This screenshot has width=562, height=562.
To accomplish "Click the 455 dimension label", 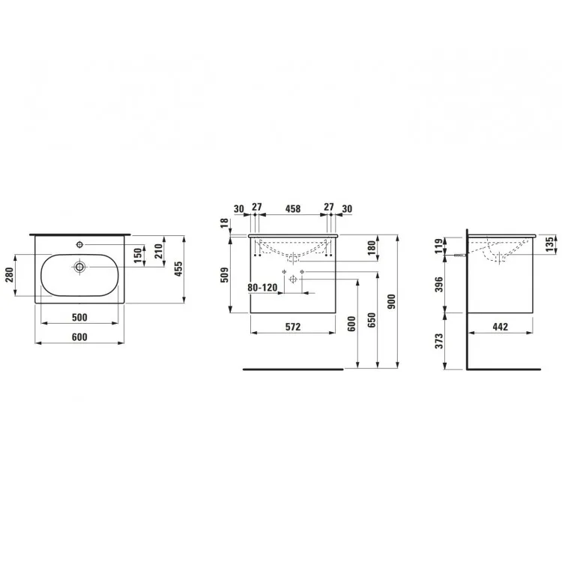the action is click(x=178, y=269).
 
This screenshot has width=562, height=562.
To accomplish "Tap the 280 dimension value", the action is click(x=10, y=275).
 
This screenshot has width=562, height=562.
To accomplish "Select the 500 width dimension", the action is click(x=79, y=317).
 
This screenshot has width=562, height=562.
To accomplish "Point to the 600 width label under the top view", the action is click(x=79, y=337).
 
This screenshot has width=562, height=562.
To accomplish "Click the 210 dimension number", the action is click(x=159, y=251).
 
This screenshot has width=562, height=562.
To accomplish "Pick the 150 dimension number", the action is click(x=139, y=256).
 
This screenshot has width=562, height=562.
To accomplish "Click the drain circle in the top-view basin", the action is click(x=79, y=267).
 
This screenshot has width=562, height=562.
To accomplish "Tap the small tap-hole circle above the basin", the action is click(x=79, y=245).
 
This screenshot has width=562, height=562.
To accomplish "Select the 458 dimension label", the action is click(x=293, y=208).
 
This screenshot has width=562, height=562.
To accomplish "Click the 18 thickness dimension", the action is click(x=225, y=223).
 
